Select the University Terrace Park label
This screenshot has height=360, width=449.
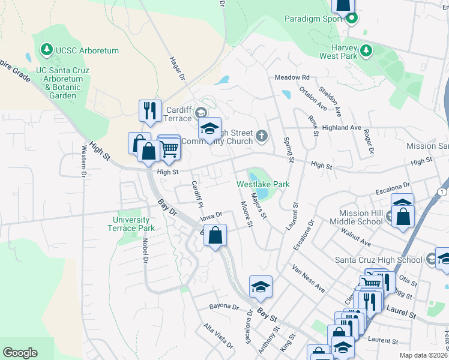(x=134, y=224)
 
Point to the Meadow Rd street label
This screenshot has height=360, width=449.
(x=292, y=77)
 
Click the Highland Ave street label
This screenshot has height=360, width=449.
(x=342, y=128)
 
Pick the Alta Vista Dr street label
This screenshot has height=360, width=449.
(x=218, y=336)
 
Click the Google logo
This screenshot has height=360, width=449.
(x=20, y=353)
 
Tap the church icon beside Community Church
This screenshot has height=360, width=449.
(x=261, y=136)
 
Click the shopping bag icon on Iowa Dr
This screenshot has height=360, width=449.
(x=215, y=235)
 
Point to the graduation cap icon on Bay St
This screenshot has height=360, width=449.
(x=261, y=287)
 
